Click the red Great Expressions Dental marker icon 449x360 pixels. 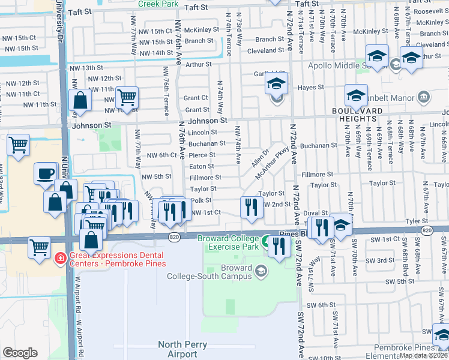pos(60,259)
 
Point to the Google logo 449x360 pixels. pos(20,353)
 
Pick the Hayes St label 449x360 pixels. pos(311,87)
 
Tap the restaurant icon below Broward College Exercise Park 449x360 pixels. pos(279,246)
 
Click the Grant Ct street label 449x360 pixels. pos(196,98)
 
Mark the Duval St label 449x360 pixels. pos(315,213)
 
